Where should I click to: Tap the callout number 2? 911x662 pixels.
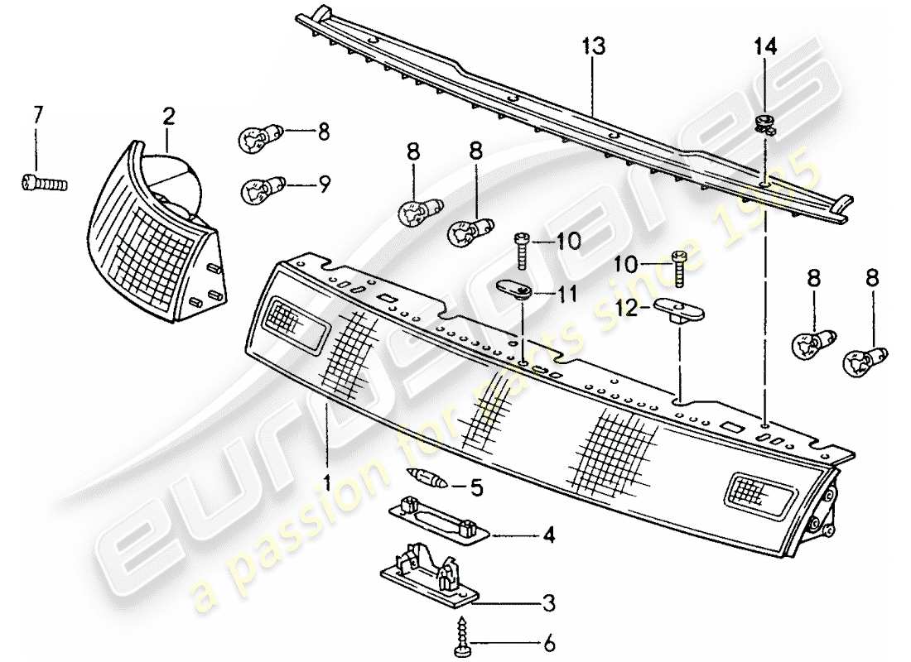(168, 118)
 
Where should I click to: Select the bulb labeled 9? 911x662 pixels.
(259, 192)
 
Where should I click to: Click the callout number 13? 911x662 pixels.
(594, 46)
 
